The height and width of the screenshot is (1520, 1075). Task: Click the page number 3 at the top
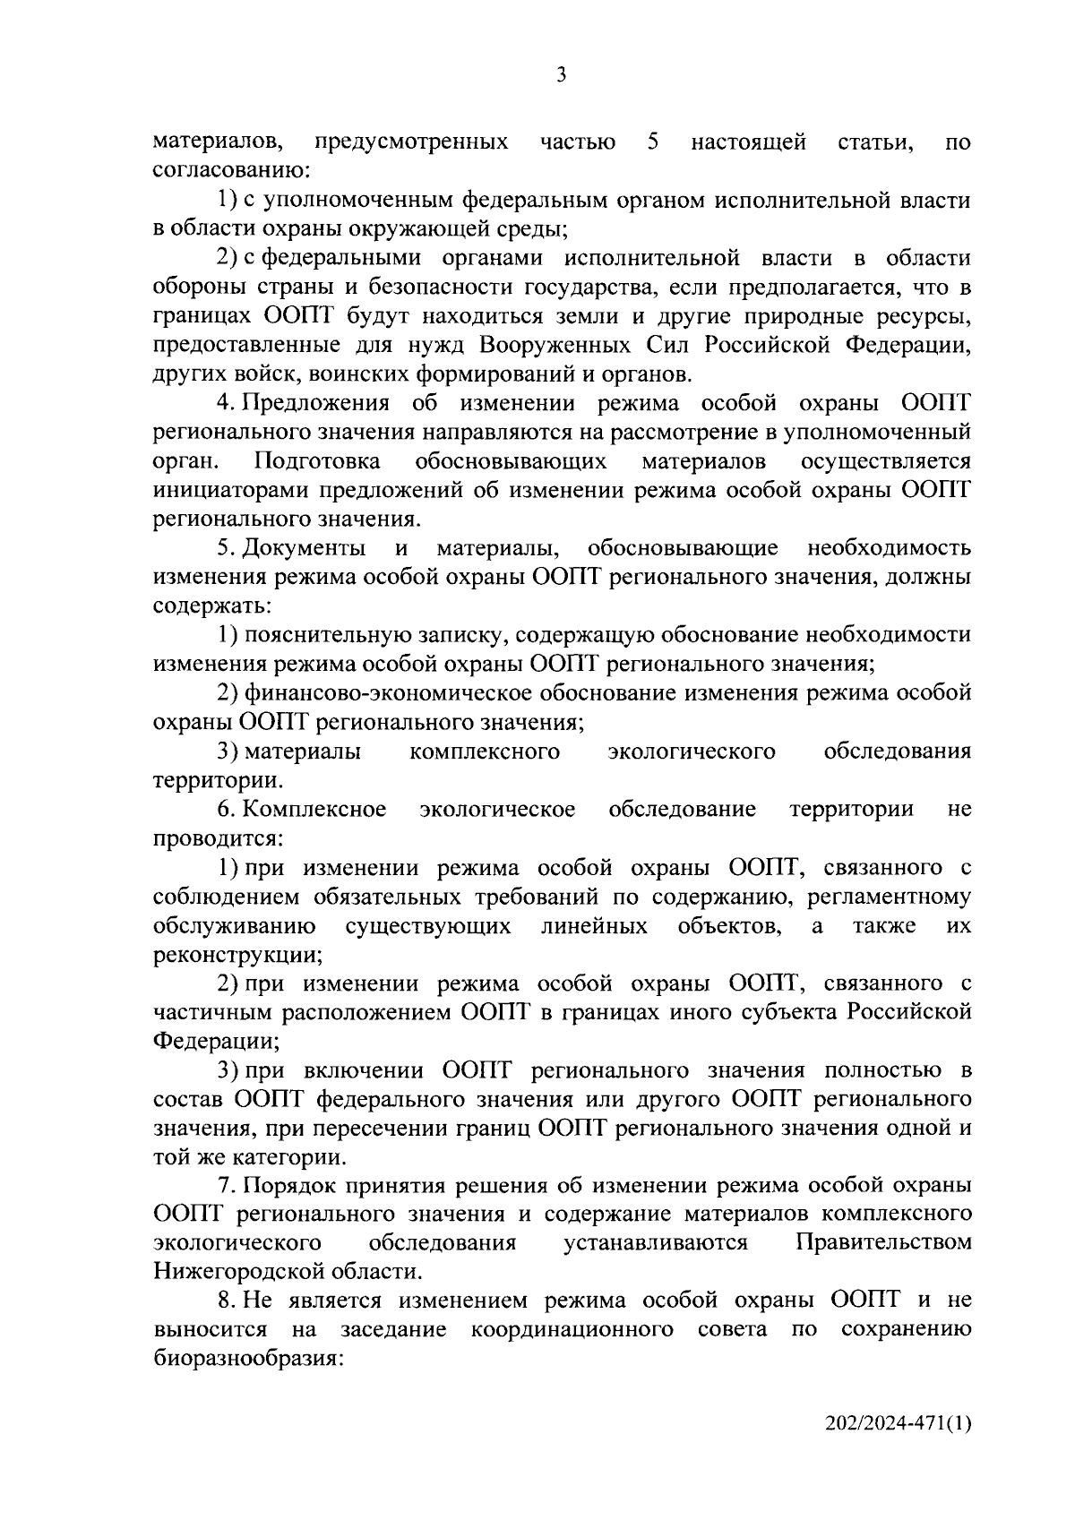tap(561, 76)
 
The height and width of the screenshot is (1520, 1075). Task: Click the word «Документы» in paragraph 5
tap(305, 548)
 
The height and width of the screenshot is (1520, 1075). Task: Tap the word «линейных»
tap(594, 925)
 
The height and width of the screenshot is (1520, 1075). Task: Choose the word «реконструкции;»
tap(237, 956)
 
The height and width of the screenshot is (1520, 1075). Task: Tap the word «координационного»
tap(572, 1329)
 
